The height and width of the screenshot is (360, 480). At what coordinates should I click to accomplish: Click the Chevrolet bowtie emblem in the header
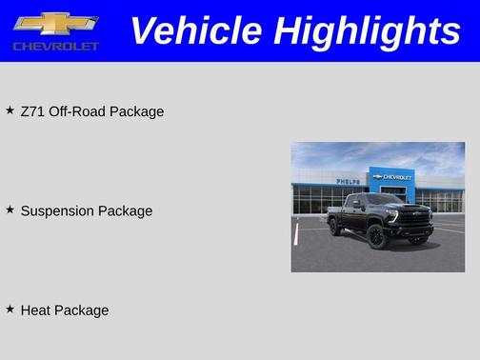56,24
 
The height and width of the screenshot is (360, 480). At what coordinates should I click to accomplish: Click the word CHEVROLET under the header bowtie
56,46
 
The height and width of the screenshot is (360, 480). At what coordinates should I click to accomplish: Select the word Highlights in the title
367,30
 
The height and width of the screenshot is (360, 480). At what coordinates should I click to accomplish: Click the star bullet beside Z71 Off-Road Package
10,110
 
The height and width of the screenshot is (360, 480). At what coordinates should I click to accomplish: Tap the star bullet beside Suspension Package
10,210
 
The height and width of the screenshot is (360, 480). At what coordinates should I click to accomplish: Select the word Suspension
57,210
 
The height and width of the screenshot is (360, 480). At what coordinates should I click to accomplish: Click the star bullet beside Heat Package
10,309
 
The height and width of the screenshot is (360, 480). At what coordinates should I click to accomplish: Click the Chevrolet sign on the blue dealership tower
392,176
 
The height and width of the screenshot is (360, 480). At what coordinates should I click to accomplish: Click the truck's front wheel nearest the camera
378,237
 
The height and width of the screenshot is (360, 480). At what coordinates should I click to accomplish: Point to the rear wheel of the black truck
334,227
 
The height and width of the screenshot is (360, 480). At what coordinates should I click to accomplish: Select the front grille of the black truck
417,218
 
